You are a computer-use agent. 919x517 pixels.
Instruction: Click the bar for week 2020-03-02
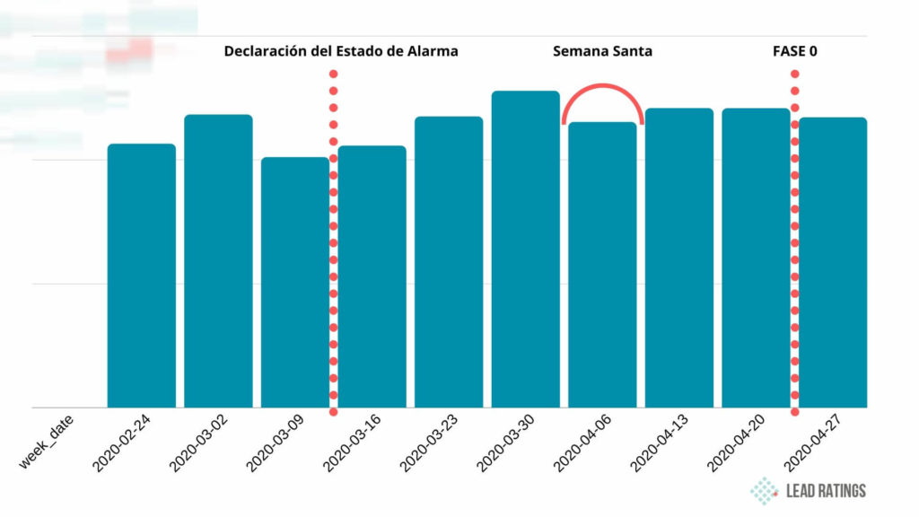click(x=218, y=260)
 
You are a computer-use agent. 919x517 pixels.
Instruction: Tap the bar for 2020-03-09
click(x=295, y=282)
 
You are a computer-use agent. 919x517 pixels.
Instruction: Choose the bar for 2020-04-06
click(x=602, y=265)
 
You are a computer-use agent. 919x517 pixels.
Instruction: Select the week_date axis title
click(x=46, y=441)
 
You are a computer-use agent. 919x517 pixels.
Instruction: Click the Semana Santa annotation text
click(x=602, y=51)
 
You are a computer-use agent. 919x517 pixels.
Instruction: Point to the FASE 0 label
click(x=794, y=51)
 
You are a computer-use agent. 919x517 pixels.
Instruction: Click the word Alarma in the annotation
click(x=431, y=51)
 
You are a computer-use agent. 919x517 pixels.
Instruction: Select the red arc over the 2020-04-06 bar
click(x=603, y=86)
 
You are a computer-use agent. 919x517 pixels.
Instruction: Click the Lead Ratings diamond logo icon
click(x=765, y=490)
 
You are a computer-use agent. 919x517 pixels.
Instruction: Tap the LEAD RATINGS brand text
click(x=826, y=491)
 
